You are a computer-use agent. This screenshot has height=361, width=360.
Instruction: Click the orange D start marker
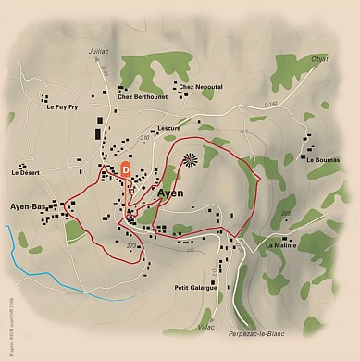[126, 169]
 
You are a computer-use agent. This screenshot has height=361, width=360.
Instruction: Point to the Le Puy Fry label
[62, 106]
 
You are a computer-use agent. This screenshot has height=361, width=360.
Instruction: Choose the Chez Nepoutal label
[201, 86]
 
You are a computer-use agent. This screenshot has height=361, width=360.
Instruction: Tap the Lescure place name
[168, 128]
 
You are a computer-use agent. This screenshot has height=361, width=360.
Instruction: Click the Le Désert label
[26, 172]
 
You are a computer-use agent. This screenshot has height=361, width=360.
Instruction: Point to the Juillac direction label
[98, 54]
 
